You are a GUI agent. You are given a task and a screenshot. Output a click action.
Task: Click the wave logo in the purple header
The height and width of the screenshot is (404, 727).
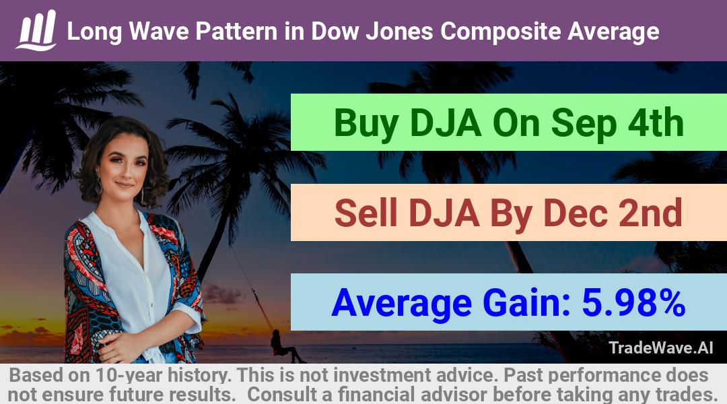click(x=36, y=30)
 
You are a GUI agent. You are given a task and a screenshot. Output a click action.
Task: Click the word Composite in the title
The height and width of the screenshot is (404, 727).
click(x=501, y=32)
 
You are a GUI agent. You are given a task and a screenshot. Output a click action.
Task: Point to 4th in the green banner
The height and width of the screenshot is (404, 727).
click(x=656, y=123)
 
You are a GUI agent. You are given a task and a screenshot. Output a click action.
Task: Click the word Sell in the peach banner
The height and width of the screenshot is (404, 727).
click(x=366, y=213)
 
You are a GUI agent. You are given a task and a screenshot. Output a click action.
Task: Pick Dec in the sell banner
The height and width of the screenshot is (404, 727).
click(x=576, y=213)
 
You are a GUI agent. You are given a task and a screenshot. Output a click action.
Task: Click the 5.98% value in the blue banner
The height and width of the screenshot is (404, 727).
click(x=633, y=302)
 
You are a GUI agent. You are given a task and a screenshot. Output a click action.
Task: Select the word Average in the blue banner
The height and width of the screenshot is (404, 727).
click(x=401, y=304)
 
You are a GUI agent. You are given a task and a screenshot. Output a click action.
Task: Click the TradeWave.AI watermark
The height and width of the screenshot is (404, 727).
click(x=661, y=347)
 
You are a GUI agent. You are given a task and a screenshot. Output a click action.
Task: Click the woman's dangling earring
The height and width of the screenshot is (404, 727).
click(x=99, y=187)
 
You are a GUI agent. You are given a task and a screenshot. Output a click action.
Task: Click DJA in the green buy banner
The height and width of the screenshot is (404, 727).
click(x=446, y=123)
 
